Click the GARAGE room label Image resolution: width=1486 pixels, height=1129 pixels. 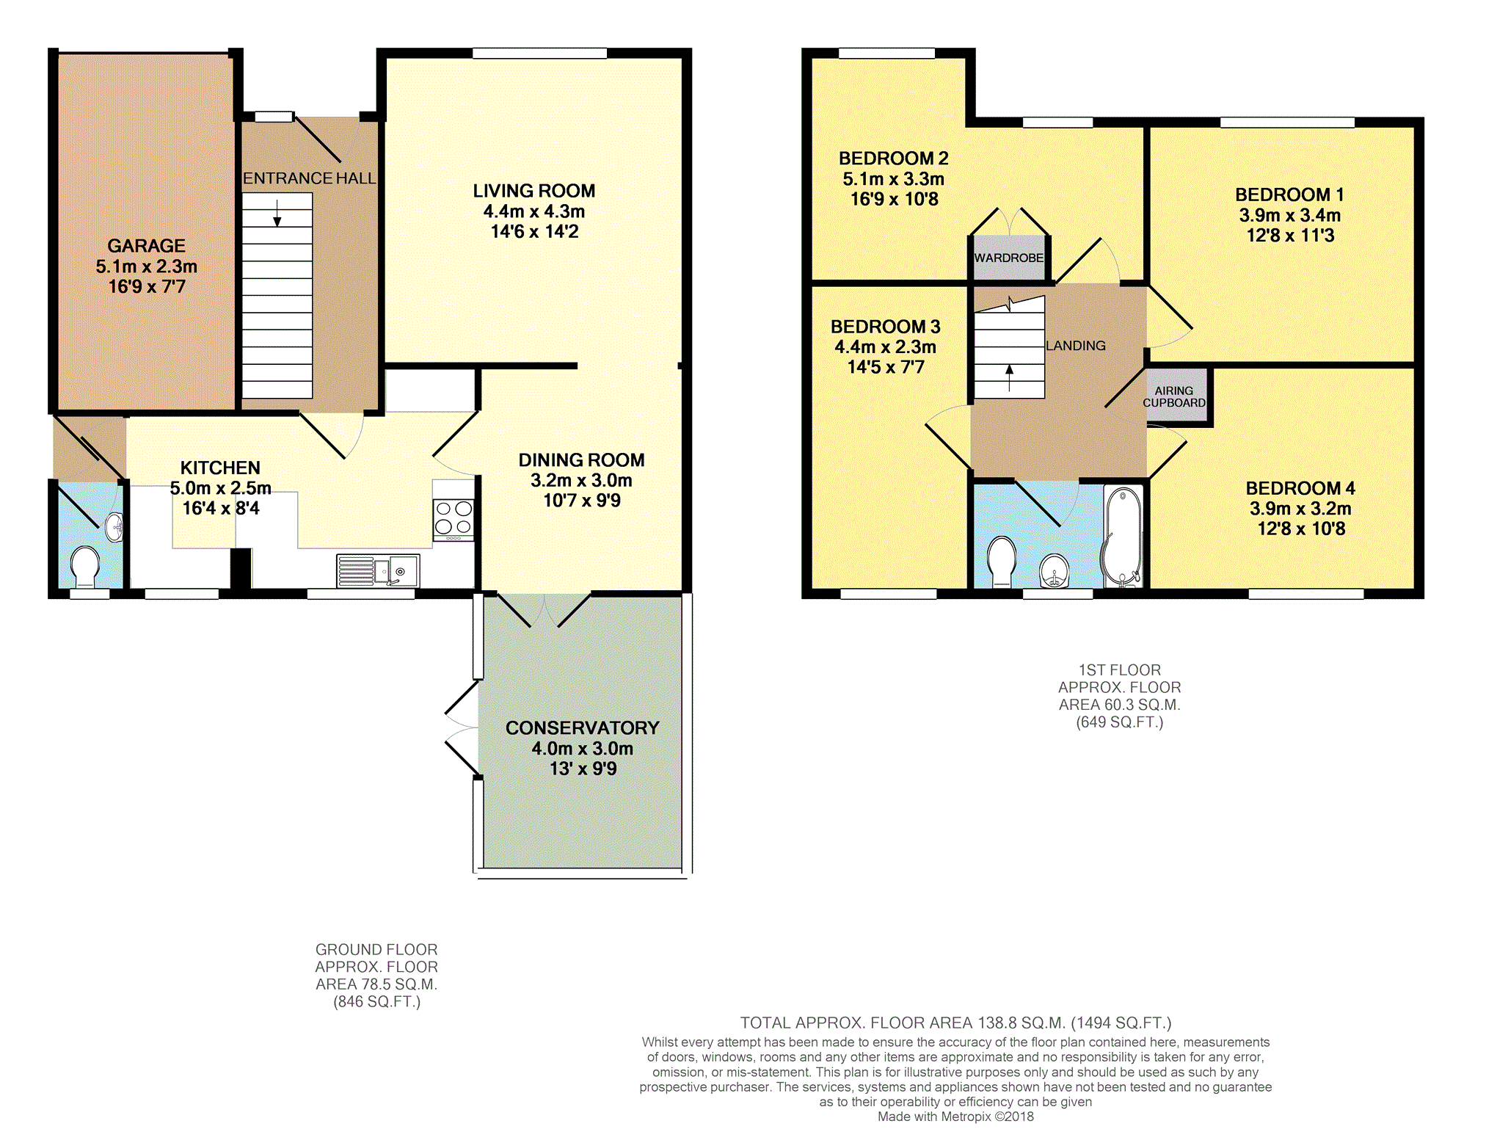[146, 246]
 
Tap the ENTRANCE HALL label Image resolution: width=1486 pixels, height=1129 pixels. [309, 178]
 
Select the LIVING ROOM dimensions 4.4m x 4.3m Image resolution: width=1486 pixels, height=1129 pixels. [534, 211]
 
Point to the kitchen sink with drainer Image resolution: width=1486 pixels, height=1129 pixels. [378, 571]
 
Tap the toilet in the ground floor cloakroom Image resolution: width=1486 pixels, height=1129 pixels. [85, 567]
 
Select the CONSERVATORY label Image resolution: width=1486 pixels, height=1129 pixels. [583, 728]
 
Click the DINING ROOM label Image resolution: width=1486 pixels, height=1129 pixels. [582, 460]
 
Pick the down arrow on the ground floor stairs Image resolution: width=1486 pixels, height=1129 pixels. [277, 213]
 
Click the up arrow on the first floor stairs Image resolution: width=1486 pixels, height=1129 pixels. [1010, 378]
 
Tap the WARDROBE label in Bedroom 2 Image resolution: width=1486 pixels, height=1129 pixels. [1009, 258]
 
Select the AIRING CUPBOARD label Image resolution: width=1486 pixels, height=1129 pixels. [1174, 397]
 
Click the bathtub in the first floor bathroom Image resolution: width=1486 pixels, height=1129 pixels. [1123, 537]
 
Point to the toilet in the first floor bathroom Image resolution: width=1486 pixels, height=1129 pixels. [1002, 562]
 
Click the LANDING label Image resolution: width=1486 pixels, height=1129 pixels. [1076, 346]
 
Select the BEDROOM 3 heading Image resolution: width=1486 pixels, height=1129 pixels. [886, 327]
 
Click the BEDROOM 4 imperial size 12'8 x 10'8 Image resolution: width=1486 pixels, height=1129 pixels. [1301, 529]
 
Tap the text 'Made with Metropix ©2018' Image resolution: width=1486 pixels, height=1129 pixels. [955, 1117]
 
